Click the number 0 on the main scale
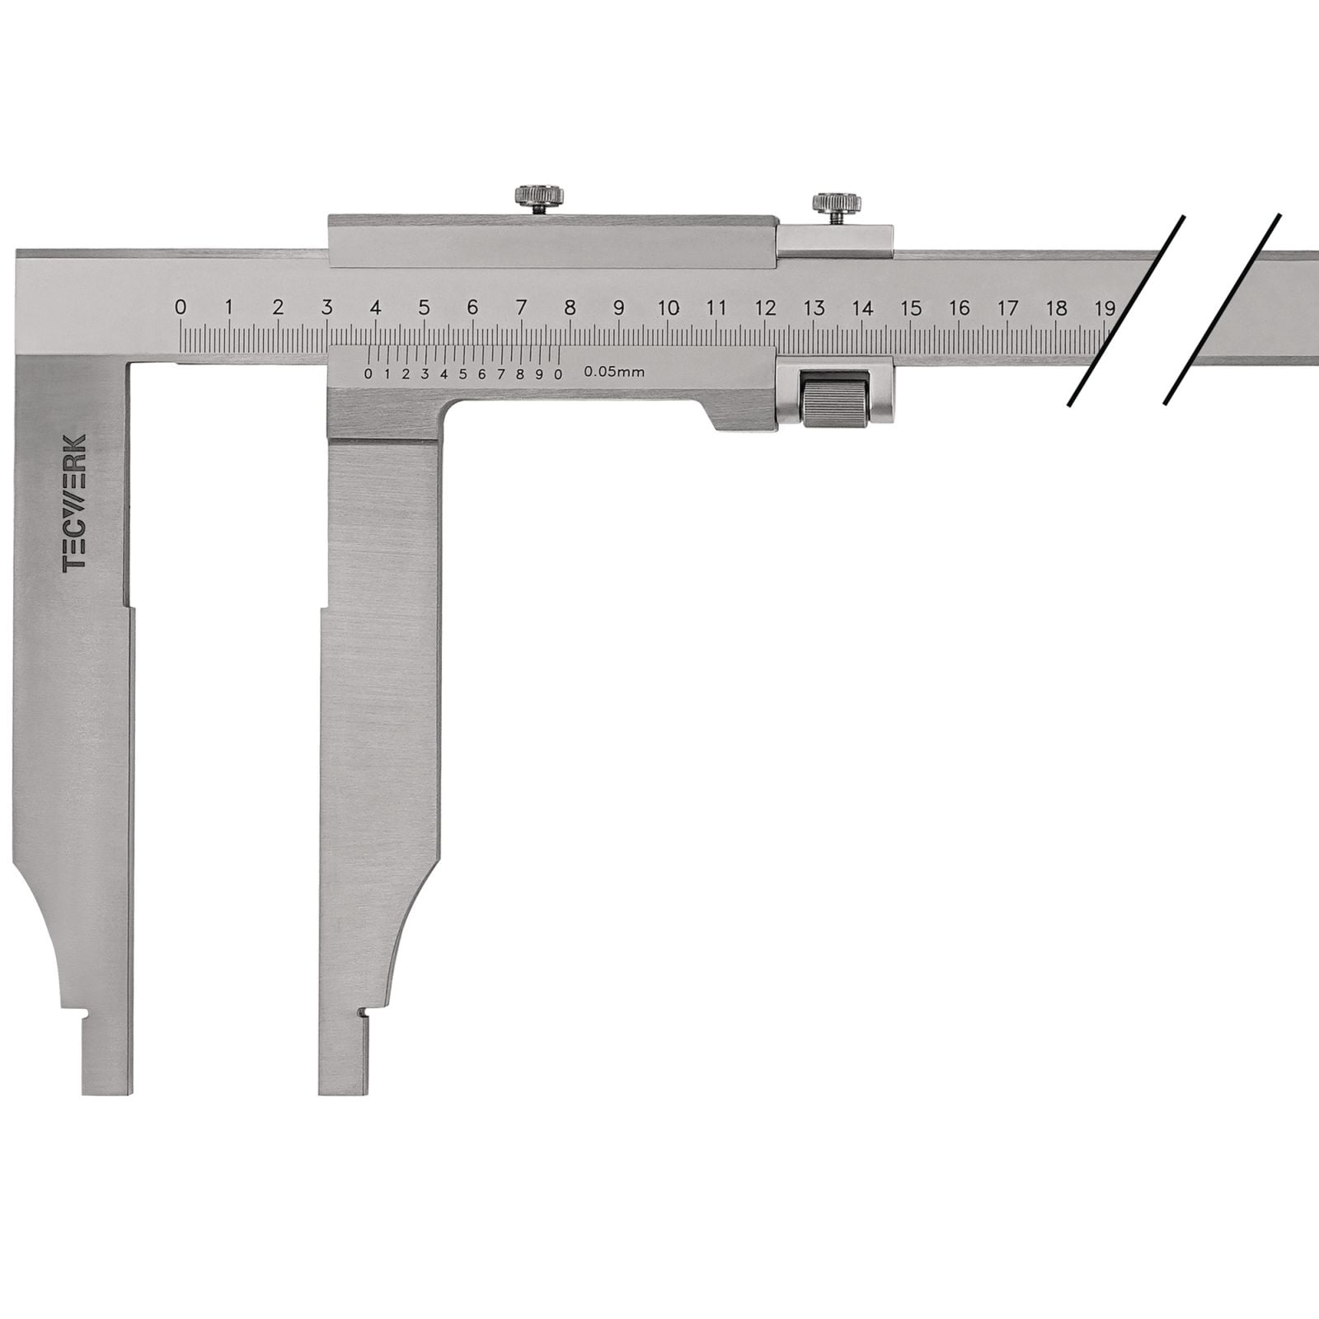pos(181,307)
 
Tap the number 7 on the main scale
pos(521,307)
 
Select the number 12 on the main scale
pos(765,307)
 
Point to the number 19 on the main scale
pos(1105,307)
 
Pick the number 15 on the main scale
pos(911,307)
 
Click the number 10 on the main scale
pos(668,307)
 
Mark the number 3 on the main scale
pos(326,307)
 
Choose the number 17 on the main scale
pos(1007,307)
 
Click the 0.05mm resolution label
pos(614,372)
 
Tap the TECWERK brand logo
pos(74,503)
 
